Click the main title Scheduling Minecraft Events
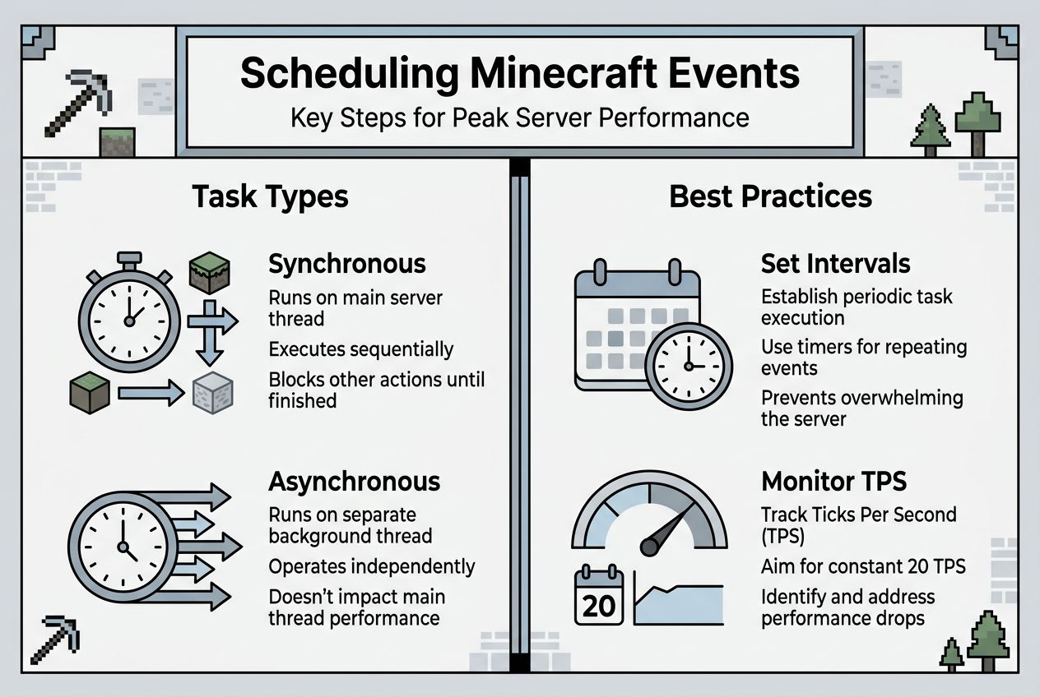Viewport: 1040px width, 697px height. pos(519,73)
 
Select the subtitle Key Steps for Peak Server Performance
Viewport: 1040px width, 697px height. pos(519,118)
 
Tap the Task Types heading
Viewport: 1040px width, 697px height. pos(270,197)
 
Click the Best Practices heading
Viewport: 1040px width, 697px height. pos(770,197)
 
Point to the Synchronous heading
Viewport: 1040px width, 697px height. pos(346,264)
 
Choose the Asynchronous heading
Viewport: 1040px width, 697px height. pos(354,481)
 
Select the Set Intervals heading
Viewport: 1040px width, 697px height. pos(835,264)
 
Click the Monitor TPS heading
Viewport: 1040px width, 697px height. pos(835,481)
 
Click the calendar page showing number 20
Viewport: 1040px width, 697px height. pos(598,596)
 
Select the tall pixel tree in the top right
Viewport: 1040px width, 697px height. pos(977,123)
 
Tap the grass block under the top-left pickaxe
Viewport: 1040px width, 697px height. pos(118,141)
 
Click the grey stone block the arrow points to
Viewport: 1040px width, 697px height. pos(213,392)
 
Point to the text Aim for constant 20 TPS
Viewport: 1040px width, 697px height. pos(863,566)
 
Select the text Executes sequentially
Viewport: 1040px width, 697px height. pos(360,349)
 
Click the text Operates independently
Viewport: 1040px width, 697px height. pos(371,566)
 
